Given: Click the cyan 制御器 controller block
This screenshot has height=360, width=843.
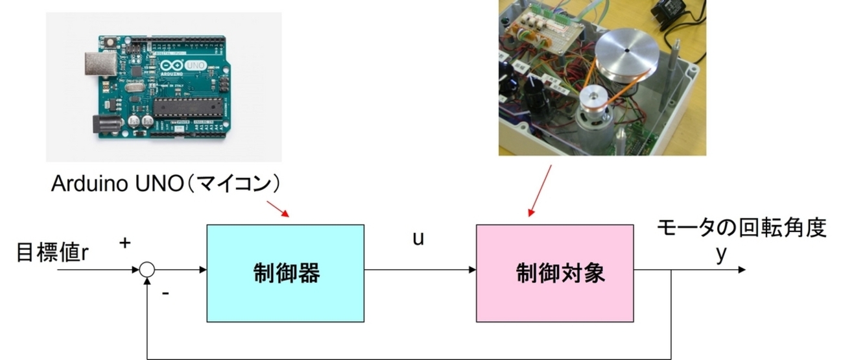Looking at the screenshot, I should click(x=285, y=273).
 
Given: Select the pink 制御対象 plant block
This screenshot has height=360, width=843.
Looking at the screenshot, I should click(x=554, y=273).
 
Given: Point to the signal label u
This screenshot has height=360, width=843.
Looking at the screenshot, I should click(x=418, y=238).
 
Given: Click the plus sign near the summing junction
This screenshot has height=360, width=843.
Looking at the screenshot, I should click(x=125, y=243).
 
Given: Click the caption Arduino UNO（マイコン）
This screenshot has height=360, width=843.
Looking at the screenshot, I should click(x=167, y=185).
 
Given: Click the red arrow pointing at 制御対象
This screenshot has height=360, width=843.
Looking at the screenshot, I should click(x=541, y=188).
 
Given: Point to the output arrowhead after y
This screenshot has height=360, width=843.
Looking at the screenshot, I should click(x=741, y=269).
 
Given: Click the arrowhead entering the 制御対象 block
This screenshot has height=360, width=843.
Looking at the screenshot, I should click(x=471, y=269).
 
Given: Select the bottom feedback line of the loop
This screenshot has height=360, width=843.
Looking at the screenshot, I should click(x=409, y=357).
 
